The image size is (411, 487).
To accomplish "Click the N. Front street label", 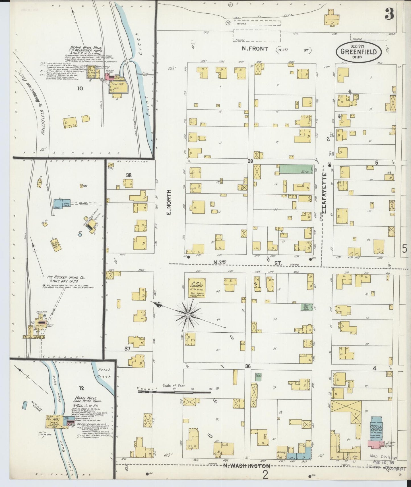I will pos(255,49).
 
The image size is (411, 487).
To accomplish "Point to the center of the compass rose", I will pos(188,314).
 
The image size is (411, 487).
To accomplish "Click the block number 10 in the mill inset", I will pos(80,89).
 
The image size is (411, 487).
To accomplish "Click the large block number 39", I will pos(250,161).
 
